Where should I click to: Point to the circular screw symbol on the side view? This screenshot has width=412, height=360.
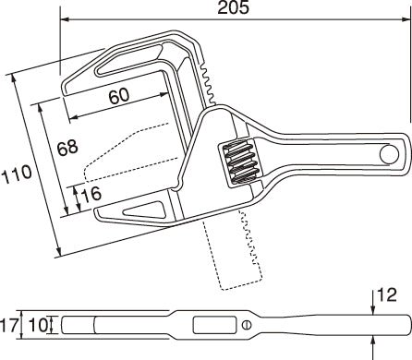246,325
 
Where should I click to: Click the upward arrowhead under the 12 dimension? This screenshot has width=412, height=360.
374,341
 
